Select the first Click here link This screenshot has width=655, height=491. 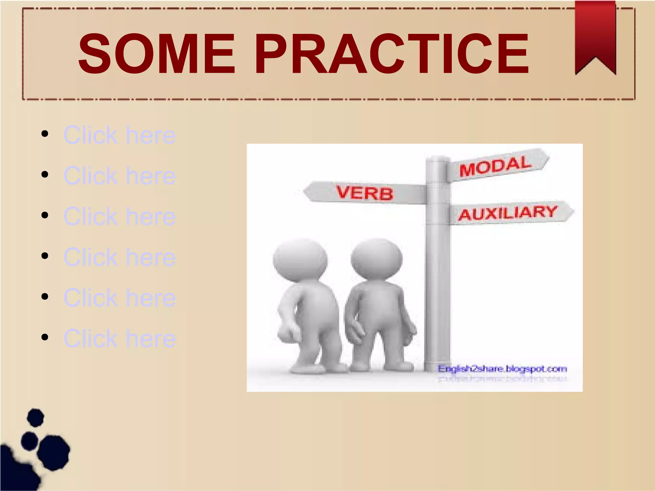coord(119,135)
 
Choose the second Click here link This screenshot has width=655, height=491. coord(119,175)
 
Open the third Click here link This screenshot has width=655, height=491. coord(119,216)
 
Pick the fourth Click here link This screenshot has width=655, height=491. coord(119,257)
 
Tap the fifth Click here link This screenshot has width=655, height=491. coord(119,298)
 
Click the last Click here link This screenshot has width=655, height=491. coord(119,338)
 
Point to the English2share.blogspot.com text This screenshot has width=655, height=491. coord(502,369)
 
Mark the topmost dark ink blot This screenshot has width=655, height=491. coord(35,417)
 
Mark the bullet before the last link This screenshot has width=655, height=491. coord(45,337)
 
